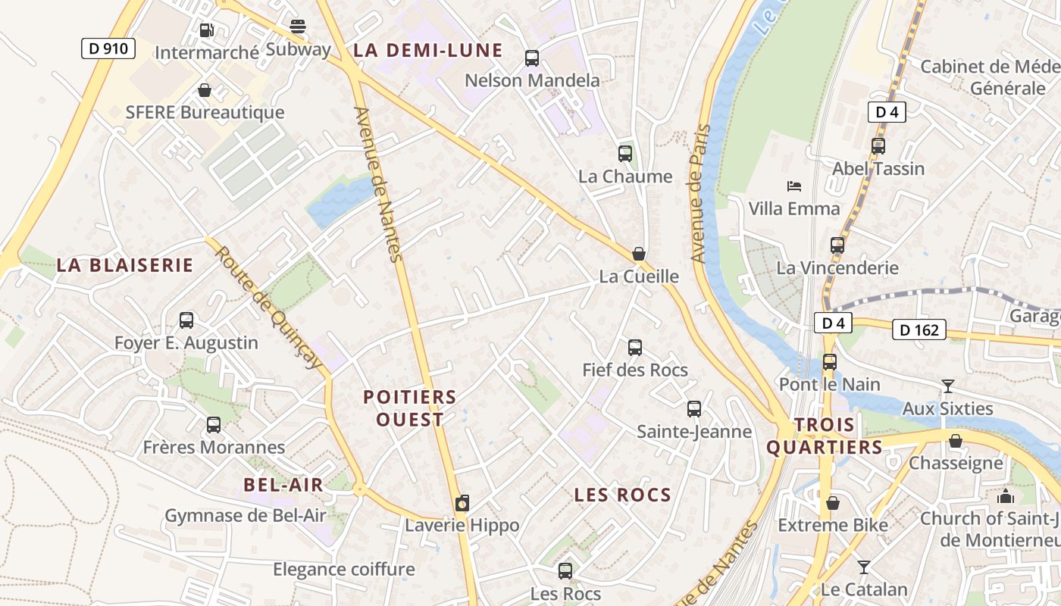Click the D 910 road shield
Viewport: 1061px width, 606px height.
point(108,49)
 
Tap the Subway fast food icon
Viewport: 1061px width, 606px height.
point(298,27)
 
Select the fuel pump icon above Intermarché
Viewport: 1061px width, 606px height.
point(206,30)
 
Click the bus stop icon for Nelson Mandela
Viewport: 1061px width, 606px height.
point(532,58)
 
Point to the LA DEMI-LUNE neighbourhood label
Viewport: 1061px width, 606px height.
point(428,51)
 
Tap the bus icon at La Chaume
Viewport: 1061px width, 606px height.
point(625,154)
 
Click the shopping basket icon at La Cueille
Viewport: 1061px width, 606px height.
point(639,254)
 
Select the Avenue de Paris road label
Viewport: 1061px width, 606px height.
point(699,193)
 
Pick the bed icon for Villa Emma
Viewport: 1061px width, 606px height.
point(794,186)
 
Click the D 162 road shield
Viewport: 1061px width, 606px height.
point(919,330)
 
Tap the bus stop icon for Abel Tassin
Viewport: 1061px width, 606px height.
point(878,146)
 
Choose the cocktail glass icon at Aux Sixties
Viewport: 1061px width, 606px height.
point(947,386)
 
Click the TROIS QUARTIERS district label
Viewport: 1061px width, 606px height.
point(825,436)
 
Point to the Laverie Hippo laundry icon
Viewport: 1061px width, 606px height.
point(462,503)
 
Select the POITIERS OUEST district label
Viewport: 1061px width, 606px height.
point(410,408)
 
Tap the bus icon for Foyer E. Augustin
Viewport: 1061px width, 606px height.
point(186,320)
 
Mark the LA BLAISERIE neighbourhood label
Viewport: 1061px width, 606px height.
point(125,265)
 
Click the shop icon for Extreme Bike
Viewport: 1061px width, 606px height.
point(833,503)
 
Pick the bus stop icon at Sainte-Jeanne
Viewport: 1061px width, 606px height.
point(694,409)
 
